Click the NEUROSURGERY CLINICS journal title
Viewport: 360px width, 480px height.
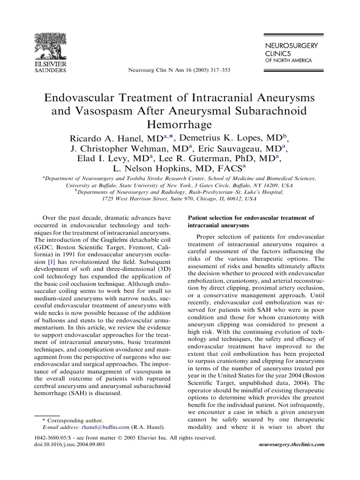click(292, 49)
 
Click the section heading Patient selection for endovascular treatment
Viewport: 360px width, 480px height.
click(250, 222)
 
